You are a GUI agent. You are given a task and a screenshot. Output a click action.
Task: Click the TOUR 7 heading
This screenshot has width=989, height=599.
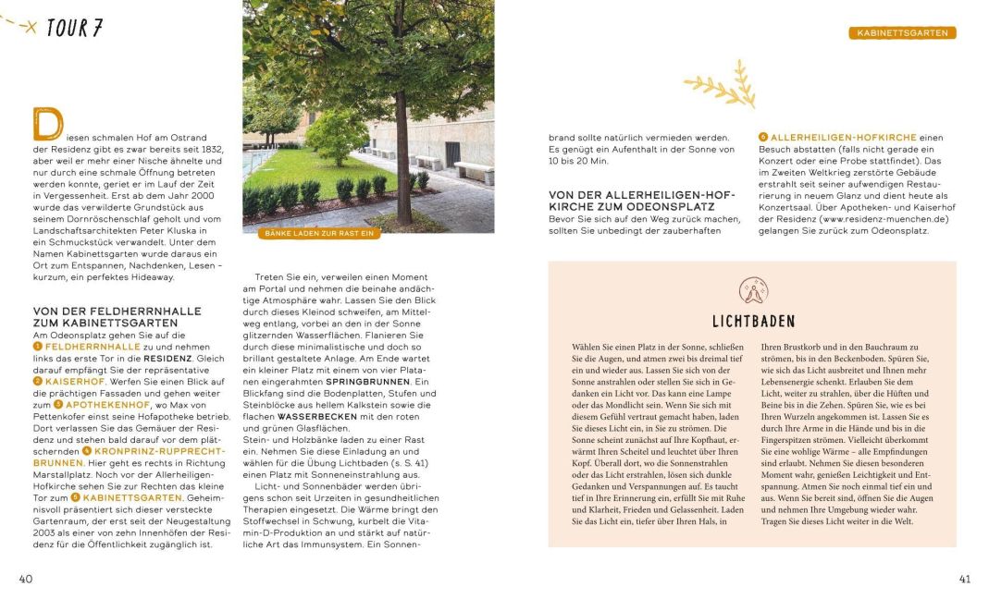click(x=73, y=28)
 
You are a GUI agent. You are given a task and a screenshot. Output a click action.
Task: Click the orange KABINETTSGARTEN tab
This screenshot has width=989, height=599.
click(x=902, y=32)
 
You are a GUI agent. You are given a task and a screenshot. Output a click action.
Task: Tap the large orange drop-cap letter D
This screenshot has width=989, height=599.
click(x=46, y=124)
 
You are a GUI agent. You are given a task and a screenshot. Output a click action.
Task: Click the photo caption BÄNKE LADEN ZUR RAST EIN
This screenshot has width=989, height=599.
click(x=319, y=234)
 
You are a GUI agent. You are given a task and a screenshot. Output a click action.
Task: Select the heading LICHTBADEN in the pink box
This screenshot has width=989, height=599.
click(x=753, y=322)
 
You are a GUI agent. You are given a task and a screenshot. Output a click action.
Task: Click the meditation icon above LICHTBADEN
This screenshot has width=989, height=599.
click(x=753, y=290)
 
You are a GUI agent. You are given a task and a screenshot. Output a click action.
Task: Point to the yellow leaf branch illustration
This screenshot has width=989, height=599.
click(x=721, y=85)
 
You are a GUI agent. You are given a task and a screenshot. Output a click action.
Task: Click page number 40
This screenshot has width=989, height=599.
click(x=26, y=579)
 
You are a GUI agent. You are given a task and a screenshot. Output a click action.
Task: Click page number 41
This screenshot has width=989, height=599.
click(x=964, y=579)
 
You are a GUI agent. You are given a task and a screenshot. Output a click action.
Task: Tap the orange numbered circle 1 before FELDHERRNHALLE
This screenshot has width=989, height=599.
click(x=38, y=346)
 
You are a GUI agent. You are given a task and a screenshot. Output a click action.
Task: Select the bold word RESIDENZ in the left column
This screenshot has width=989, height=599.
click(x=167, y=357)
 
